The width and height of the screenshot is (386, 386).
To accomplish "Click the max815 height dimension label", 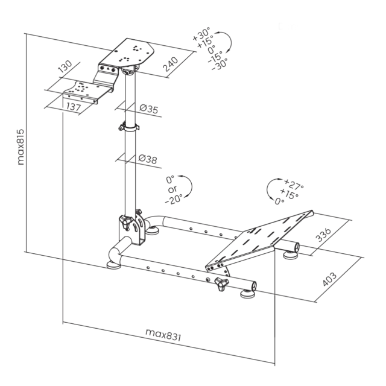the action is pyautogui.click(x=21, y=147).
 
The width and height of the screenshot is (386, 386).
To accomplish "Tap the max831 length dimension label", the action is pyautogui.click(x=163, y=335).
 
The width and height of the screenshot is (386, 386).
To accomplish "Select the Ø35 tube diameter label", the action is pyautogui.click(x=149, y=109).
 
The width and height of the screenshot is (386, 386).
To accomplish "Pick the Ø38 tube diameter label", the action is pyautogui.click(x=147, y=159).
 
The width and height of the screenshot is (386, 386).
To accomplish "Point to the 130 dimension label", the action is pyautogui.click(x=65, y=67).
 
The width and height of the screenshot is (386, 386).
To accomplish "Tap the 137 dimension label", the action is pyautogui.click(x=74, y=107).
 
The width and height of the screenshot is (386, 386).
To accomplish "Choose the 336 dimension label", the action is pyautogui.click(x=323, y=235).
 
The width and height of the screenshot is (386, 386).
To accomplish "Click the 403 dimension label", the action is pyautogui.click(x=329, y=279).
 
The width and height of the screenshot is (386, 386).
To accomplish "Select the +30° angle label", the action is pyautogui.click(x=201, y=34).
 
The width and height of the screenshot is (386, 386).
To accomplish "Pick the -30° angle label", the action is pyautogui.click(x=220, y=65).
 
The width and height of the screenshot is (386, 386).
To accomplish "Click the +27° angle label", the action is pyautogui.click(x=294, y=185).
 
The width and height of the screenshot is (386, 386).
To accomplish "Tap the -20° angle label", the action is pyautogui.click(x=174, y=199).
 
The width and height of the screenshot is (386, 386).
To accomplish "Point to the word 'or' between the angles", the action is pyautogui.click(x=172, y=189).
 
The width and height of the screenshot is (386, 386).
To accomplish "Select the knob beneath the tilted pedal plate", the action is pyautogui.click(x=221, y=283).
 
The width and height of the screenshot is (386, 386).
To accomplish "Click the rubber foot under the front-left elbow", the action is pyautogui.click(x=113, y=265).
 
